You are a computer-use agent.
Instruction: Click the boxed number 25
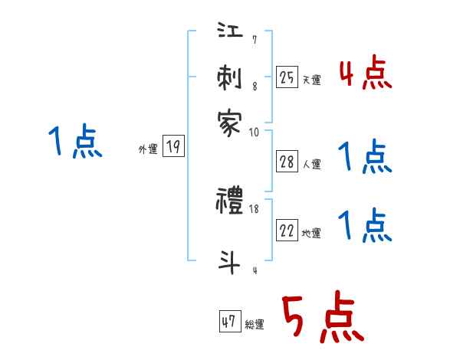pos(287,77)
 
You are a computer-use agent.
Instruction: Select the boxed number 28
pos(287,161)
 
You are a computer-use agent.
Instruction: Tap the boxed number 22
pos(287,231)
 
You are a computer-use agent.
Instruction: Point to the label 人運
pos(311,163)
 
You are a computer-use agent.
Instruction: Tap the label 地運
pos(311,233)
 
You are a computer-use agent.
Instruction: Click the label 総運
pos(255,324)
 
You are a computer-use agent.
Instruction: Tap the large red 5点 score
pos(321,319)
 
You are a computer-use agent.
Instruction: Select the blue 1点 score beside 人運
pos(365,158)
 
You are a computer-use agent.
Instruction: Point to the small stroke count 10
pos(254,132)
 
